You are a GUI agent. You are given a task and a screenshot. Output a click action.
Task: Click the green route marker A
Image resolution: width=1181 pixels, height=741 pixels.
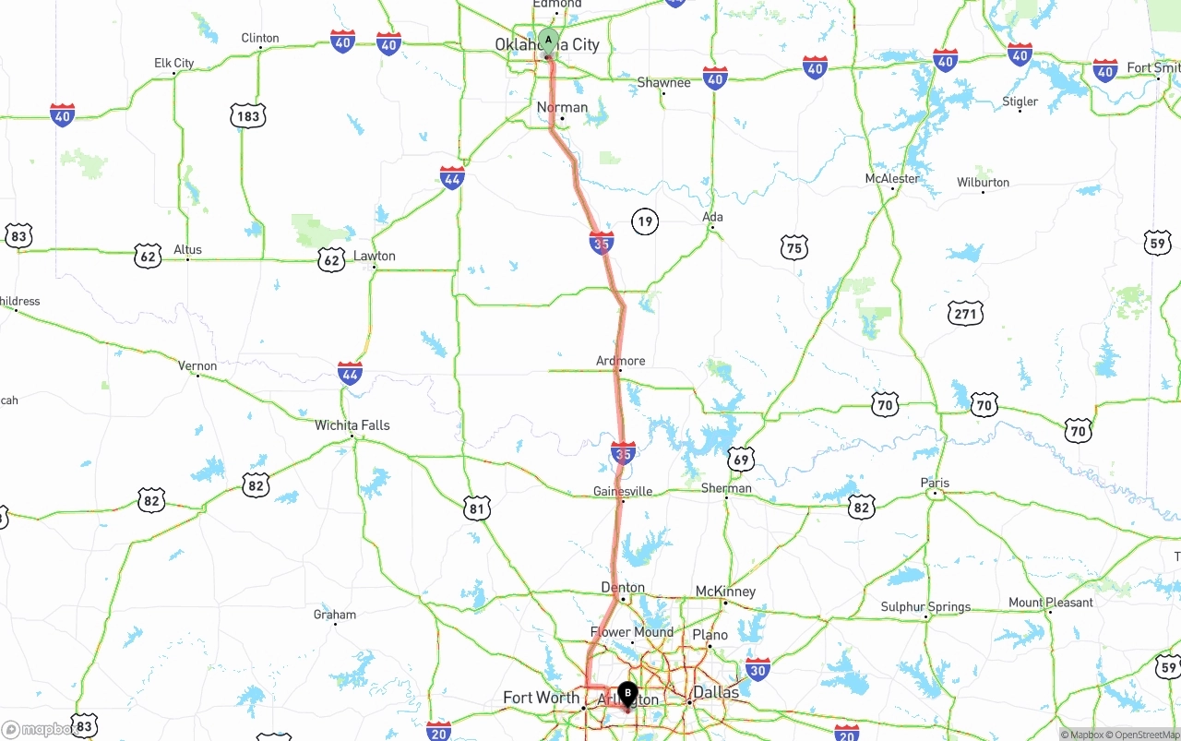coord(548,41)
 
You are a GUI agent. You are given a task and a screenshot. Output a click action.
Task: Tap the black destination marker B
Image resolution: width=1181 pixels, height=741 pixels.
coord(627,693)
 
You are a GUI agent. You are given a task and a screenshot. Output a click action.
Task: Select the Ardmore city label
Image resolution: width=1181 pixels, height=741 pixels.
coord(621,361)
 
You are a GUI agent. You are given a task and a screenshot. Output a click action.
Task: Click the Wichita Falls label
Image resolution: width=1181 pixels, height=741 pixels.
coord(352,425)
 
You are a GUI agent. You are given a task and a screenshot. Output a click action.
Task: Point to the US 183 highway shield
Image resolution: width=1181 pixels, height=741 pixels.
coord(248,115)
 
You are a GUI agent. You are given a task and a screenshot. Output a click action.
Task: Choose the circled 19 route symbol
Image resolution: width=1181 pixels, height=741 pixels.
coord(645,221)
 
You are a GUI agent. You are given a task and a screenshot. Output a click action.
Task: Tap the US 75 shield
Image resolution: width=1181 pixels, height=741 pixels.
coord(793,247)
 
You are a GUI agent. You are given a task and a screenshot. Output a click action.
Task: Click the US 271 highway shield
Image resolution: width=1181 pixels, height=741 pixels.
coord(965,314)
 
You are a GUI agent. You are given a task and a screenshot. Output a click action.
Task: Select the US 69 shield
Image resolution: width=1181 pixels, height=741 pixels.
coord(741,459)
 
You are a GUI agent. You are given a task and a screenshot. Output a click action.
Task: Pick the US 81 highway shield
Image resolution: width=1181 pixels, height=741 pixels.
coord(476,508)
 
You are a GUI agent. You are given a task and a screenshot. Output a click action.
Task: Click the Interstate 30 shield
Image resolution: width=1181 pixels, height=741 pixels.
coord(758,670)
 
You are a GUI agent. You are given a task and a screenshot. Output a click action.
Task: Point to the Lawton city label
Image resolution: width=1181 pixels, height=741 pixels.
coord(375,257)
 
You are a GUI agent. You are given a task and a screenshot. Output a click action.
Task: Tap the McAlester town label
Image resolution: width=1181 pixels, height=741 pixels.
coord(892,178)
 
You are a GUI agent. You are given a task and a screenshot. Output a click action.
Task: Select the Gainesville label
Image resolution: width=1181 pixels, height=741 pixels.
coord(623,491)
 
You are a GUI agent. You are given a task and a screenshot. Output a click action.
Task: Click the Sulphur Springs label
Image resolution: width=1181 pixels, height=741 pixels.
coord(925,607)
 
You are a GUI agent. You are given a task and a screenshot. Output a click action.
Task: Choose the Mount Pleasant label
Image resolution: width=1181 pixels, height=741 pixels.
coord(1050,603)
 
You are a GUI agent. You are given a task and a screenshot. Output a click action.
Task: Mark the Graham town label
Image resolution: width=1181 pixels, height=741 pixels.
coord(335,615)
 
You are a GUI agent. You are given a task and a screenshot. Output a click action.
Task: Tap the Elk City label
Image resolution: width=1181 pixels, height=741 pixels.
coord(173,64)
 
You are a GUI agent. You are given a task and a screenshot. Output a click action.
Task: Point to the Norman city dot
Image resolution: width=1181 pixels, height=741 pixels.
coord(562,118)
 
